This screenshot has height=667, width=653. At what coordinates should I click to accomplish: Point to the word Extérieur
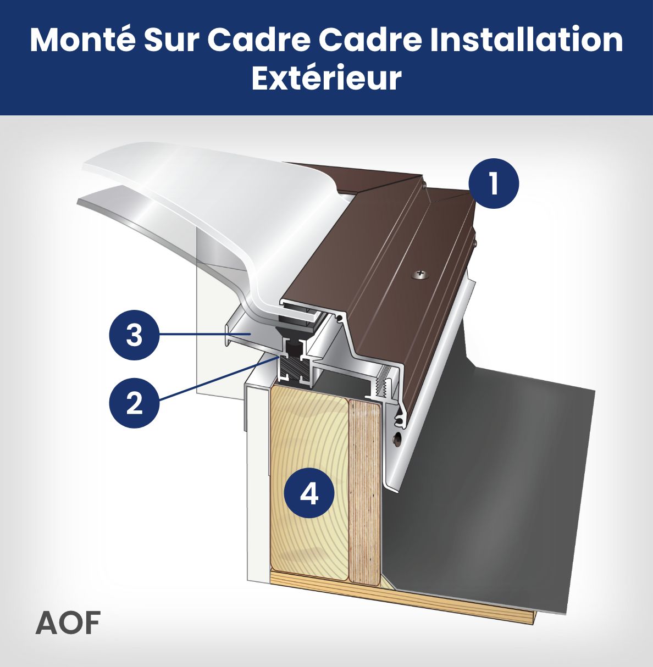[x=326, y=78]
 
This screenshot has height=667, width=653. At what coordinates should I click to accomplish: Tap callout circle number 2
[x=135, y=403]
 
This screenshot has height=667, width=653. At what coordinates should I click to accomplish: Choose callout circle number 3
[x=135, y=335]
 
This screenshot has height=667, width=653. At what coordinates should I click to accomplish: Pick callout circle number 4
[x=309, y=493]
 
